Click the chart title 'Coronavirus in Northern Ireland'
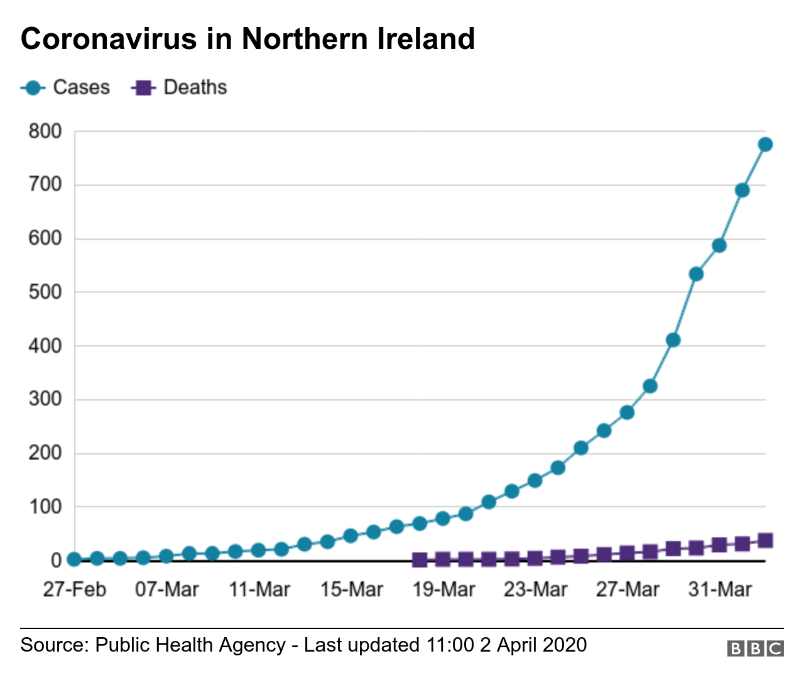click(247, 39)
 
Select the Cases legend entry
click(65, 87)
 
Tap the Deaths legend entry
click(179, 87)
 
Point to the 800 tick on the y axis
click(45, 131)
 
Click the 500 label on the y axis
click(45, 292)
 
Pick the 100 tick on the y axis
click(45, 507)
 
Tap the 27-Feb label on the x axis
click(74, 589)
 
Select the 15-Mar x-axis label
click(351, 589)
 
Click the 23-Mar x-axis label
click(535, 589)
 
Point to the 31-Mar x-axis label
click(720, 589)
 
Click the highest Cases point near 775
click(765, 144)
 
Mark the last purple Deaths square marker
click(765, 540)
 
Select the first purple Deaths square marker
click(420, 560)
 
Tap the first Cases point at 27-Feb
click(74, 559)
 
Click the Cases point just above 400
click(673, 340)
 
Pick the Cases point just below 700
click(742, 190)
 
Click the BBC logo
click(755, 648)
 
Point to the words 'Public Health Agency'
click(190, 645)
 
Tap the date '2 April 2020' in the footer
click(533, 645)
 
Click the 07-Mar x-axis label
click(166, 589)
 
